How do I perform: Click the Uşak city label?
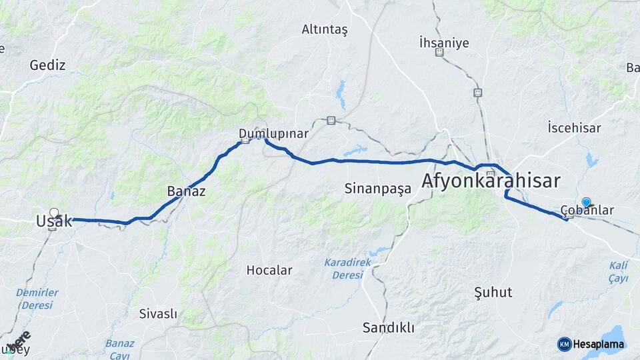pyautogui.click(x=54, y=222)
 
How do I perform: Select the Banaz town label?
pyautogui.click(x=185, y=192)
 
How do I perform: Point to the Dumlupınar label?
pyautogui.click(x=273, y=134)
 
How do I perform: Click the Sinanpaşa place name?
pyautogui.click(x=378, y=189)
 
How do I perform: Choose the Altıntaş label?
pyautogui.click(x=325, y=29)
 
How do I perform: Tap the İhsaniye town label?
pyautogui.click(x=444, y=43)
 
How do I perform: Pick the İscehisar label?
pyautogui.click(x=574, y=127)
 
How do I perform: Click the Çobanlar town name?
pyautogui.click(x=587, y=211)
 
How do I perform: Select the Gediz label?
pyautogui.click(x=47, y=65)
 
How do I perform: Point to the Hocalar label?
pyautogui.click(x=269, y=271)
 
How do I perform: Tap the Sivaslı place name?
pyautogui.click(x=158, y=313)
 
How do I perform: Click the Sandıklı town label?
pyautogui.click(x=389, y=328)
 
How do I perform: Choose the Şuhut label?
pyautogui.click(x=493, y=292)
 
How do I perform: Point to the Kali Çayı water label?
pyautogui.click(x=618, y=272)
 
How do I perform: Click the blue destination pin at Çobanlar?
pyautogui.click(x=586, y=202)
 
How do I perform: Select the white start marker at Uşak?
pyautogui.click(x=54, y=213)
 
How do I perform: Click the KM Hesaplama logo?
pyautogui.click(x=591, y=344)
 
